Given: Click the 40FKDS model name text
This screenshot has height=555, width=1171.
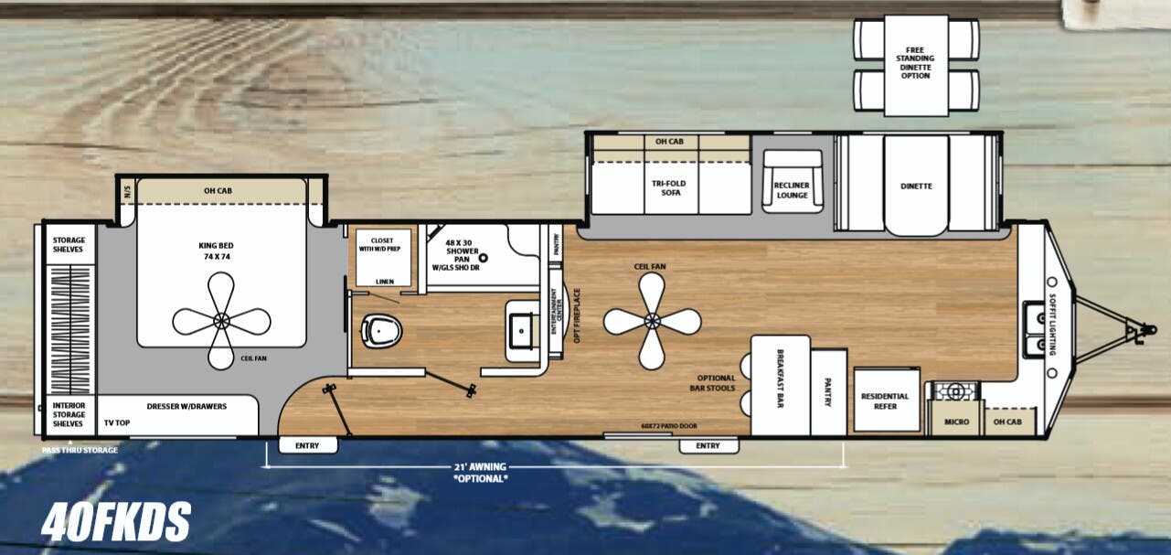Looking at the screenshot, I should pos(115,521).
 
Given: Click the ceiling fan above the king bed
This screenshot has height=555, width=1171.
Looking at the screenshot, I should pos(221,321).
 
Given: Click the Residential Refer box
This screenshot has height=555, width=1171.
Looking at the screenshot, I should pos(885,400).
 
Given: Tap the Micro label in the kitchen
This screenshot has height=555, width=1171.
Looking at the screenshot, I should pos(955,422).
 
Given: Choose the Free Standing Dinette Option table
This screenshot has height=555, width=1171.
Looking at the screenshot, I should pos(916,64).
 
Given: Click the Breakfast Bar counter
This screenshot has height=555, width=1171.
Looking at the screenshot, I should pos(780,385).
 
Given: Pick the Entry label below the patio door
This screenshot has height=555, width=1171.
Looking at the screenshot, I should pos(708,446).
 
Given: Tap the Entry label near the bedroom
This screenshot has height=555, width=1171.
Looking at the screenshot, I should pos(306,446).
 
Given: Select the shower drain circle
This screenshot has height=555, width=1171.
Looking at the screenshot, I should pos(484,259).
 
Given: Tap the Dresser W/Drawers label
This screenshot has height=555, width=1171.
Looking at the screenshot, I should pos(186,406).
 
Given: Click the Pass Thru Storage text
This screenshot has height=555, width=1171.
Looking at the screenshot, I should pos(80,450).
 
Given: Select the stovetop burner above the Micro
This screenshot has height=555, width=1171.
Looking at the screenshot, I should pos(953,392).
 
